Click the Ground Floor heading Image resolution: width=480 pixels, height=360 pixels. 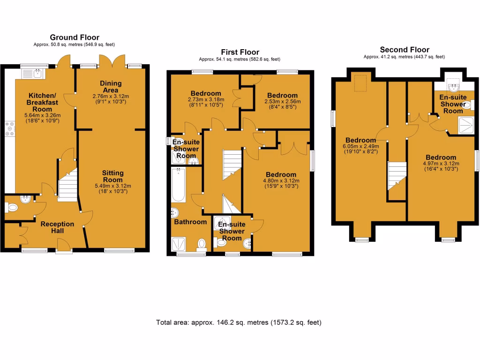click(x=75, y=37)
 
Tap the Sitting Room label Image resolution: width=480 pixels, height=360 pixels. click(x=112, y=176)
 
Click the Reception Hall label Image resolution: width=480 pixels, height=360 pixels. click(x=57, y=227)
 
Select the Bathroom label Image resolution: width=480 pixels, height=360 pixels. click(x=190, y=222)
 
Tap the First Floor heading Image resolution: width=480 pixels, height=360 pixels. click(x=240, y=52)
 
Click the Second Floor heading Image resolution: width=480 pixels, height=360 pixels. click(x=404, y=50)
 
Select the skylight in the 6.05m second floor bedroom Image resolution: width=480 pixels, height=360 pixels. click(x=360, y=83)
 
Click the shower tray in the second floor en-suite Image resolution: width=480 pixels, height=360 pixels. click(x=465, y=124)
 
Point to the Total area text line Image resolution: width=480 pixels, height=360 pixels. click(x=239, y=322)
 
